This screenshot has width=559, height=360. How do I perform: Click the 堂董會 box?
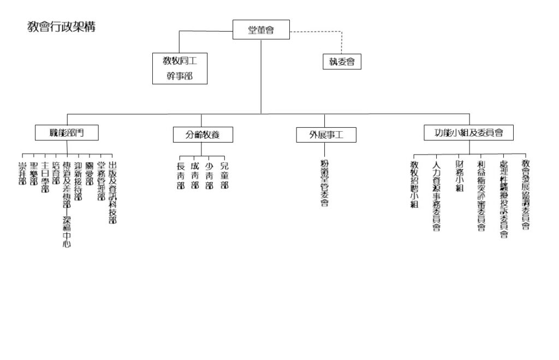click(261, 29)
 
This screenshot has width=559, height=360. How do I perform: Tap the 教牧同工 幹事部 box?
click(180, 68)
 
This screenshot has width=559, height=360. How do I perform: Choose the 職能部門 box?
click(67, 132)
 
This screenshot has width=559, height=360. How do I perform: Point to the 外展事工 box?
click(326, 134)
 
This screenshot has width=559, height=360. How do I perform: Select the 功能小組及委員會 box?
click(468, 132)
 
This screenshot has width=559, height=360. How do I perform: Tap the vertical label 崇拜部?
click(22, 172)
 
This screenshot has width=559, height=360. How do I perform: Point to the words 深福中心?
click(67, 232)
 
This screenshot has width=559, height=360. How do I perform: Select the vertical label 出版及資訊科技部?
click(112, 192)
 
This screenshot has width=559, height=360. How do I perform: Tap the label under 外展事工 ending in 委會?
click(324, 183)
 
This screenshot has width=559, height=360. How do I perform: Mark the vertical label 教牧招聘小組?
click(414, 184)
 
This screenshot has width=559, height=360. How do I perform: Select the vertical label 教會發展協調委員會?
click(526, 194)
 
